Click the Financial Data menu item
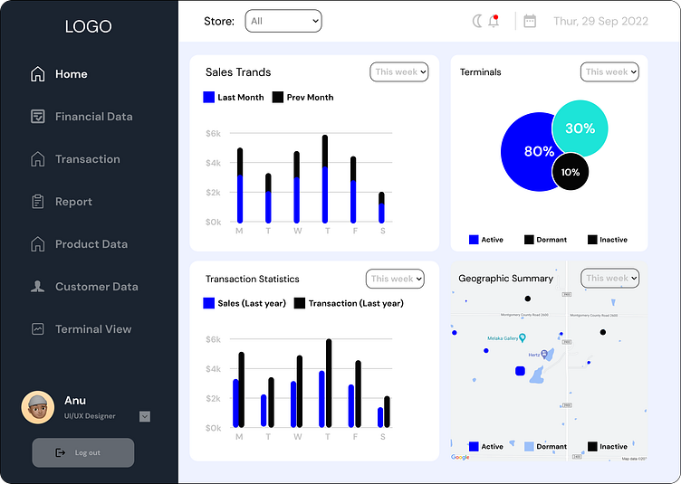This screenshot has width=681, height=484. (93, 117)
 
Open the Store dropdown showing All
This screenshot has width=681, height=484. (283, 21)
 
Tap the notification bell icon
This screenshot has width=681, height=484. (494, 21)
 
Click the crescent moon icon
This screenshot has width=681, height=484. (477, 21)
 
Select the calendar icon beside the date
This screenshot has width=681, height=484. (530, 21)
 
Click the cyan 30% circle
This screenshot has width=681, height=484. (580, 128)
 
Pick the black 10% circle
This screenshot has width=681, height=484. (571, 172)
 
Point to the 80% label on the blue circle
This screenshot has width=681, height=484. (539, 151)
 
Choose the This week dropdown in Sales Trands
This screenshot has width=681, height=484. (399, 71)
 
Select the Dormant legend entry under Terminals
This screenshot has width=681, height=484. (546, 240)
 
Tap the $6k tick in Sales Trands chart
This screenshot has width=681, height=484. (213, 133)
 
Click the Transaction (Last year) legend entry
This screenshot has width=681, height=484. (349, 303)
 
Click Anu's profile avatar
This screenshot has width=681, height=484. (38, 407)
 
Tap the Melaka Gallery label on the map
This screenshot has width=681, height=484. (504, 338)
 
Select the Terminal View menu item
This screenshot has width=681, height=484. (92, 329)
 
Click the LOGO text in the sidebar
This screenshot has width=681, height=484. (89, 26)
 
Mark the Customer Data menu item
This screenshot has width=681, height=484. (96, 287)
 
